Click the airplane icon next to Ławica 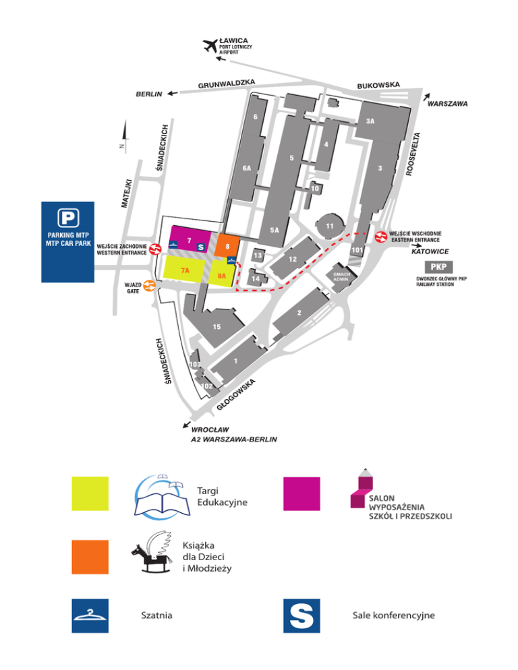[210, 46]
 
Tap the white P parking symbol [67, 217]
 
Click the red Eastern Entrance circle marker [380, 237]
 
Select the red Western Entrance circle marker [156, 249]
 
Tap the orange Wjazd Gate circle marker [150, 286]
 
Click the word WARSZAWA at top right [447, 104]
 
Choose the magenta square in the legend [301, 493]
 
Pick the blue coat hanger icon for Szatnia [90, 615]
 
